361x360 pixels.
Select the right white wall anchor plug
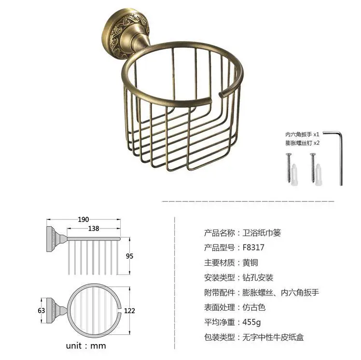(320, 174)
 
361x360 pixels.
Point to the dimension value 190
(82, 219)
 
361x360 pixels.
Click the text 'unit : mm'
(86, 346)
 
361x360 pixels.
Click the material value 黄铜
(250, 262)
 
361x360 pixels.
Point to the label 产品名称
(219, 232)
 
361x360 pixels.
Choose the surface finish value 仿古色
(254, 307)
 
